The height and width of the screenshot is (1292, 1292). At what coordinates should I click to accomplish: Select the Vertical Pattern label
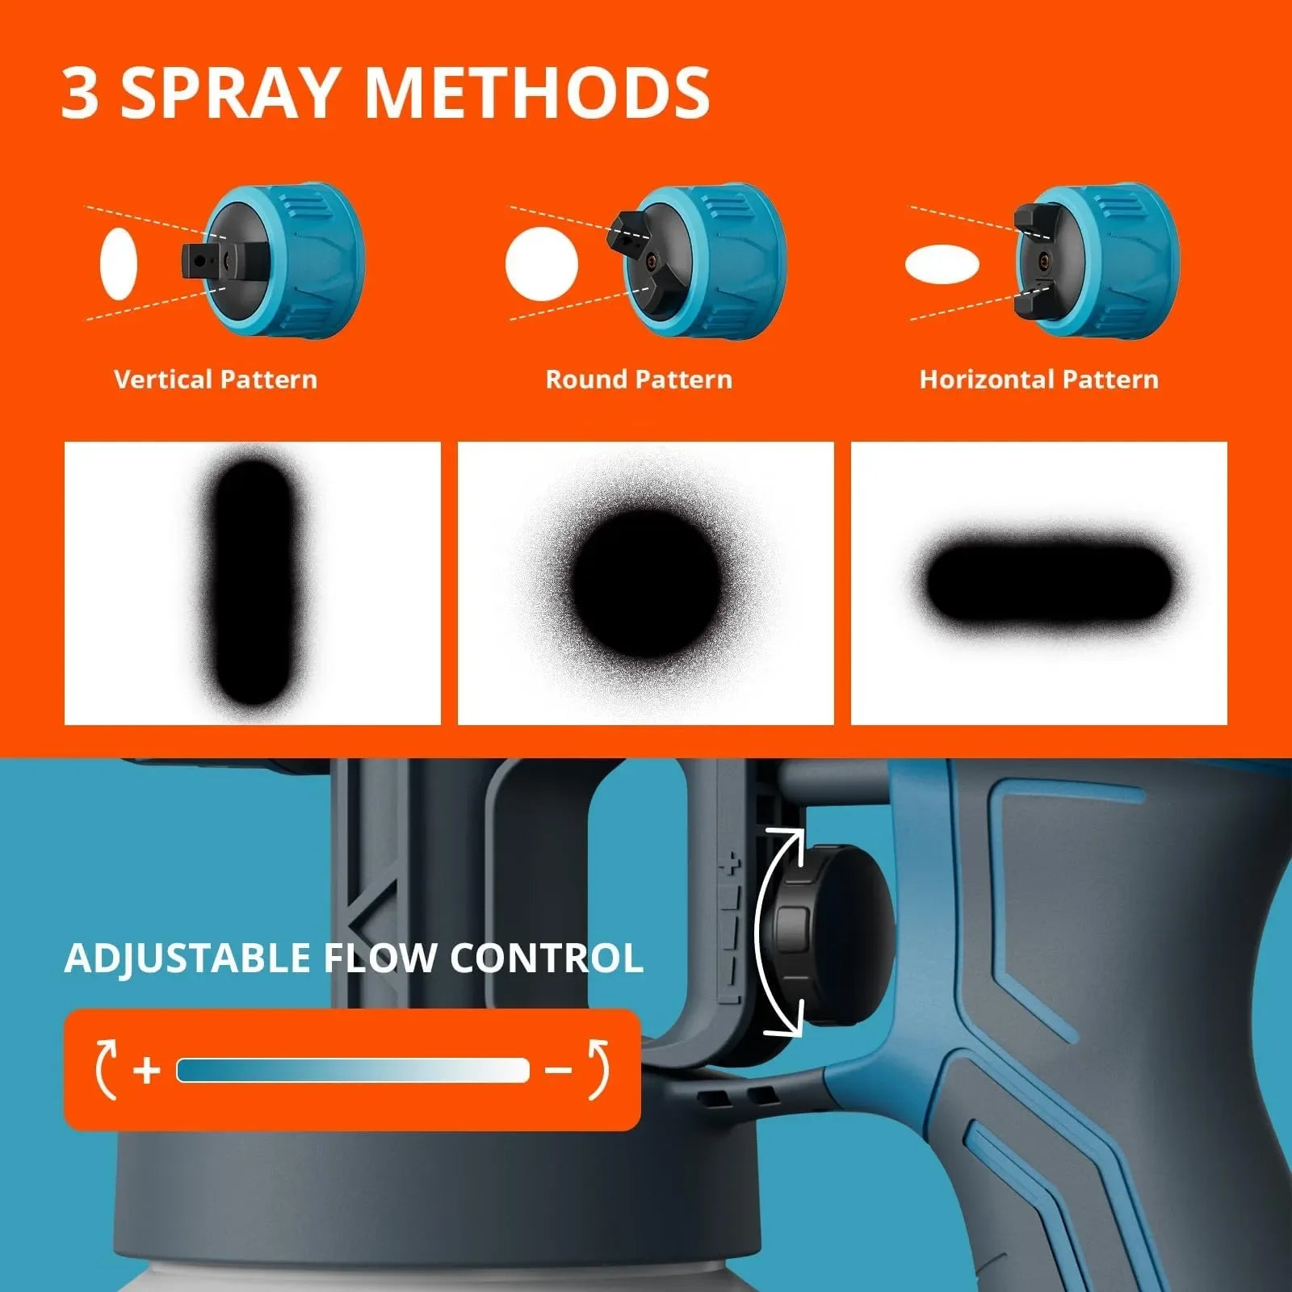click(x=216, y=380)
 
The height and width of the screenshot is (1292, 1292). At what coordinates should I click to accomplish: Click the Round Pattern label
click(x=639, y=380)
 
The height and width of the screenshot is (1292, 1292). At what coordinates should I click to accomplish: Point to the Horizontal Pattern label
click(x=1038, y=380)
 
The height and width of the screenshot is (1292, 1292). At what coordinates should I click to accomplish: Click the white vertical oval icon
click(x=119, y=264)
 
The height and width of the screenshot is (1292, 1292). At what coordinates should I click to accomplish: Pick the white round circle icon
click(x=542, y=264)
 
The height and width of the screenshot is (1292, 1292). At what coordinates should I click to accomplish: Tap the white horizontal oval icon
click(x=942, y=265)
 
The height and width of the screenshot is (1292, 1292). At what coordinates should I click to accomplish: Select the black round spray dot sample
click(x=646, y=583)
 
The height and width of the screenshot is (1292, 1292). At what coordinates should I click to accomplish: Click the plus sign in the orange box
click(x=146, y=1071)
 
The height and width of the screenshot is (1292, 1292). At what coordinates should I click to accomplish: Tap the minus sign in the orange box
click(x=558, y=1071)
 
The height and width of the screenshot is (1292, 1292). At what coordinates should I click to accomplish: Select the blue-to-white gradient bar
click(x=353, y=1071)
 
